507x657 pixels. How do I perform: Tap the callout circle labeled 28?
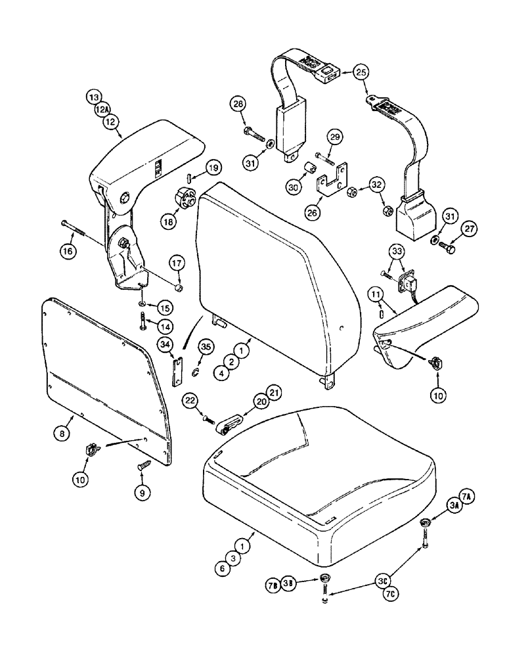[x=238, y=104]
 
